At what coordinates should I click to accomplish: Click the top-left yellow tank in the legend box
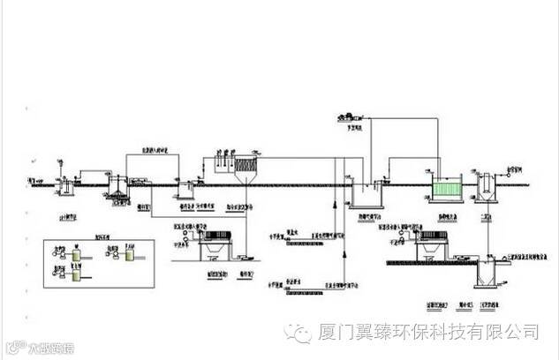(x=76, y=253)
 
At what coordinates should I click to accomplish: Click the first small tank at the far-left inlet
(x=64, y=185)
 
